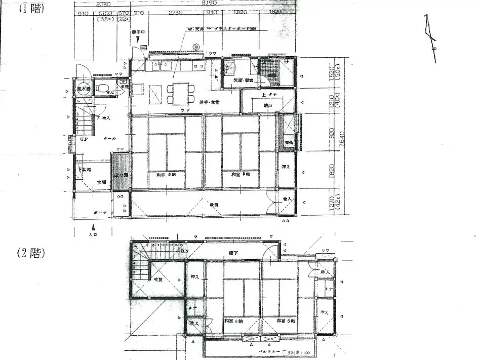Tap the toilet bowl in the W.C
tap(103, 89)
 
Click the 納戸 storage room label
tap(267, 105)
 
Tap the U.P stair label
tap(84, 138)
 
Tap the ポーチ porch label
tap(100, 213)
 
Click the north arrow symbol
tap(431, 38)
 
